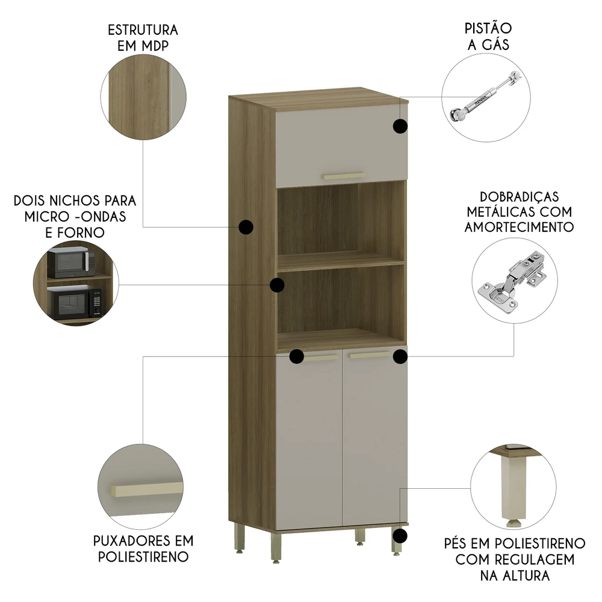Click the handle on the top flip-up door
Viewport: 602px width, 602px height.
[x=343, y=176]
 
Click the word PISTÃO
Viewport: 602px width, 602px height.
[x=488, y=28]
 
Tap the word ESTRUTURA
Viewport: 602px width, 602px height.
[x=143, y=30]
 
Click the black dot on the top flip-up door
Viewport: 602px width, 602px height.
[x=400, y=126]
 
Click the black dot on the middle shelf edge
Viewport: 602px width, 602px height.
[x=277, y=285]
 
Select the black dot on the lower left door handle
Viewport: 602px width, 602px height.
[x=296, y=356]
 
